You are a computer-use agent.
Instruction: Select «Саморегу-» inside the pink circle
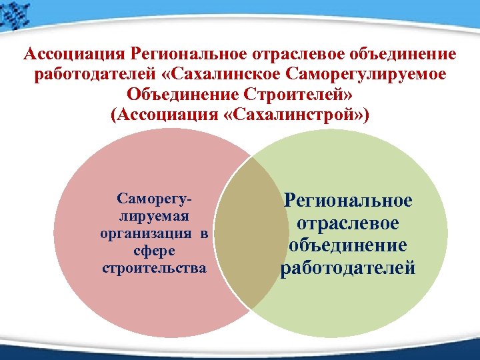tap(154, 199)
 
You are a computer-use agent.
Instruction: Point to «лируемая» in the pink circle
tap(154, 216)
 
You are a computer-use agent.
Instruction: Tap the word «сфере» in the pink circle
tap(153, 251)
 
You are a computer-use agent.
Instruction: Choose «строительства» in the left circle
tap(154, 268)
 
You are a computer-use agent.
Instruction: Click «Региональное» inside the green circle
tap(349, 200)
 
